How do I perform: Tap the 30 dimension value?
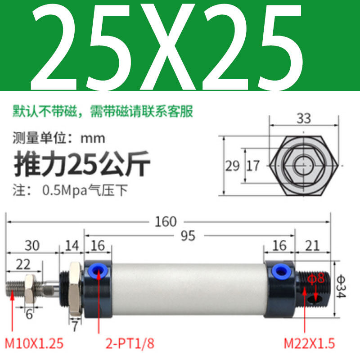coord(31,245)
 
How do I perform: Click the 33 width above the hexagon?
coord(304,119)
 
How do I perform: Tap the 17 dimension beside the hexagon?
coord(253,166)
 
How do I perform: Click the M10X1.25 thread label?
coord(34,344)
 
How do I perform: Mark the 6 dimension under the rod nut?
coord(29,314)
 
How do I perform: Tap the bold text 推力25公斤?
coord(83,165)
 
